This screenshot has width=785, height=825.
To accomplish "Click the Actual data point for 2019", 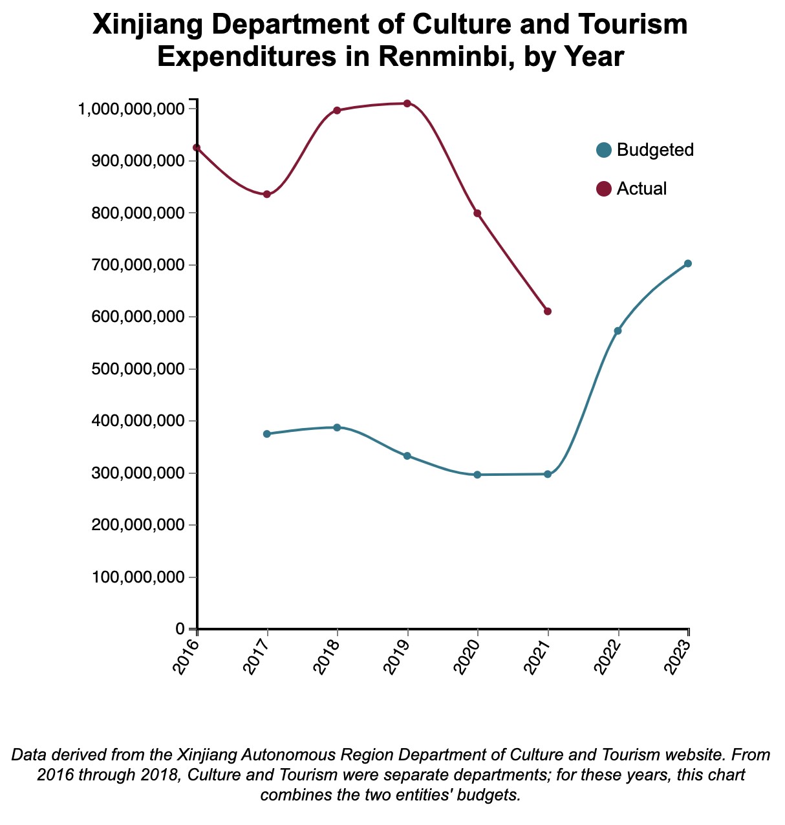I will [x=407, y=103].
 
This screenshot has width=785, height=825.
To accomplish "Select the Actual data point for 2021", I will [x=548, y=312].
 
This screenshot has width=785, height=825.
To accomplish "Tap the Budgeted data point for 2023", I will [x=688, y=263].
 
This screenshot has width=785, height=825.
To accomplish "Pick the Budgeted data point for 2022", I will [x=618, y=331].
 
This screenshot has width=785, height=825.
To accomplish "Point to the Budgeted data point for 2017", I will [x=267, y=434].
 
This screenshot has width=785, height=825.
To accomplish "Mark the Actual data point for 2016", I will [x=197, y=147].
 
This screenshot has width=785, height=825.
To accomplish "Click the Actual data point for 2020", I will [x=477, y=213].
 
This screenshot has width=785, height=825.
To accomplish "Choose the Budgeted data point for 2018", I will [x=337, y=427].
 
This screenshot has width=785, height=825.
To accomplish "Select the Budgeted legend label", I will [x=655, y=150].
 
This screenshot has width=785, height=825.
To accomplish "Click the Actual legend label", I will [x=641, y=189].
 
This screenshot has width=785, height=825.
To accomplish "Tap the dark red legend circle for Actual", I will [x=604, y=189].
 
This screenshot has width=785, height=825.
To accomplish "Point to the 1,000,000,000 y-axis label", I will [x=130, y=109].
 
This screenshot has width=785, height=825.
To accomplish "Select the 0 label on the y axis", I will [x=180, y=629].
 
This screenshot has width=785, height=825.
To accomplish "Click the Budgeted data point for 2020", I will [x=477, y=475].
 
